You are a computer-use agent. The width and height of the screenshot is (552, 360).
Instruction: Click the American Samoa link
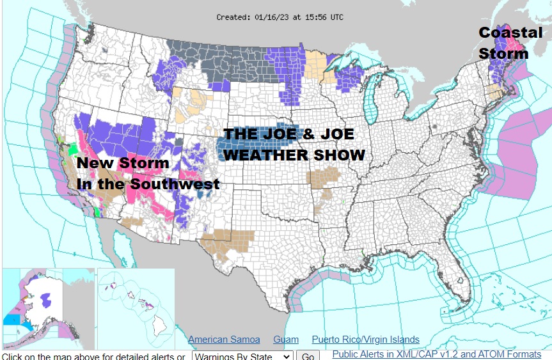(224, 340)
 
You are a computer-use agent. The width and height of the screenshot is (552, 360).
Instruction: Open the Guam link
(286, 340)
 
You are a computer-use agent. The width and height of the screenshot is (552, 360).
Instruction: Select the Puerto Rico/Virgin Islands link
(365, 340)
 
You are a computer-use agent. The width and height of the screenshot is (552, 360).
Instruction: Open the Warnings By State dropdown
(242, 356)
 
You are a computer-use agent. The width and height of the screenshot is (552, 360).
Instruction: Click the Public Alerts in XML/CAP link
(436, 354)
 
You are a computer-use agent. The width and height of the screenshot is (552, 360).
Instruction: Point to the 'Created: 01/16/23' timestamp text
(280, 17)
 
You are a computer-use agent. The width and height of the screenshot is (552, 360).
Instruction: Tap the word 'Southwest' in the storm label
(175, 184)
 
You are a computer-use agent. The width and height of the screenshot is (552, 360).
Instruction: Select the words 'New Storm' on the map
(123, 163)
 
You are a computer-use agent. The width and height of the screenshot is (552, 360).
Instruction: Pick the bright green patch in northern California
(72, 148)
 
